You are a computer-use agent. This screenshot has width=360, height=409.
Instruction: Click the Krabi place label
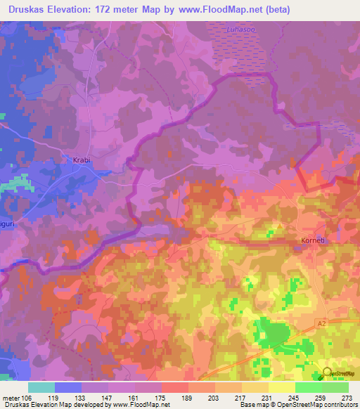[x=82, y=160]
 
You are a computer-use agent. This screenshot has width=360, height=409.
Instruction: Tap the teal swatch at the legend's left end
[x=41, y=387]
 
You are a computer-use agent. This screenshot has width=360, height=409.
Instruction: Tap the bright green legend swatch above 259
[x=308, y=387]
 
